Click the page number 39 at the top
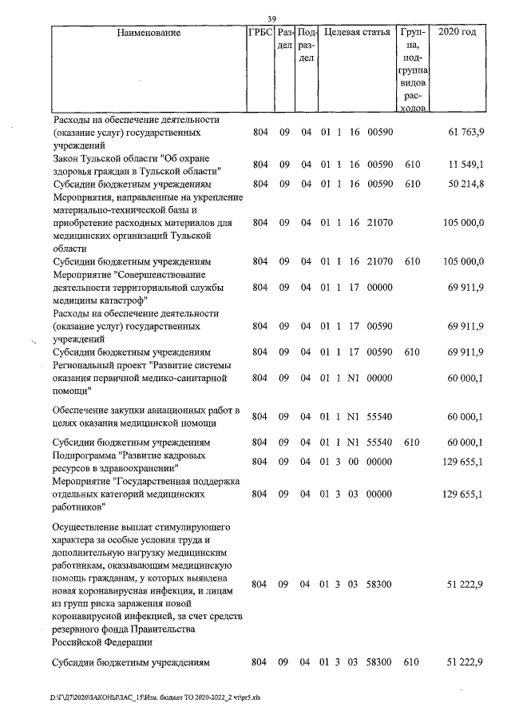(x=271, y=19)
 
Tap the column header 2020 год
(x=458, y=33)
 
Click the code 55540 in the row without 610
(x=380, y=417)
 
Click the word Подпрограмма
(x=83, y=455)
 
